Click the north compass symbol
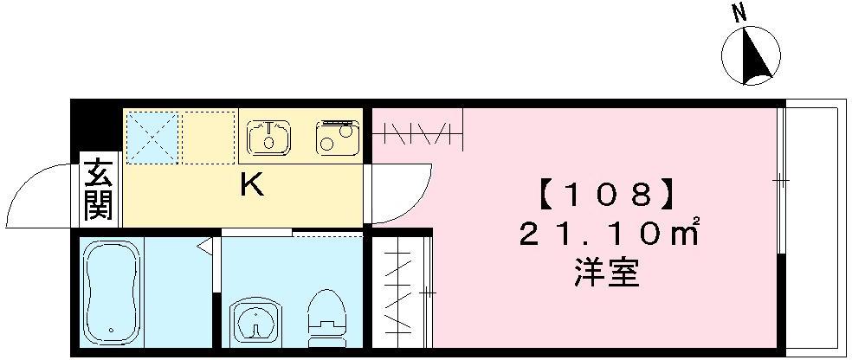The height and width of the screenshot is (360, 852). coord(751,56)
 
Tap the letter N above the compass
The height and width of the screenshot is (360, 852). coord(739,12)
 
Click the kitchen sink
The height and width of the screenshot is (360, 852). coord(269,137)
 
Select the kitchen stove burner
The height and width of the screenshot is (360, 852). coord(338,137)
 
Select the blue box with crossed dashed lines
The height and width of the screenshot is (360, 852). coord(152,136)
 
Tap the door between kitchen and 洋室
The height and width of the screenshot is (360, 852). coord(400,195)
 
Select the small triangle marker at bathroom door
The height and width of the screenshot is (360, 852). coord(205,248)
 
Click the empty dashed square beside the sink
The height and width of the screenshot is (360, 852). coord(209,136)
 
